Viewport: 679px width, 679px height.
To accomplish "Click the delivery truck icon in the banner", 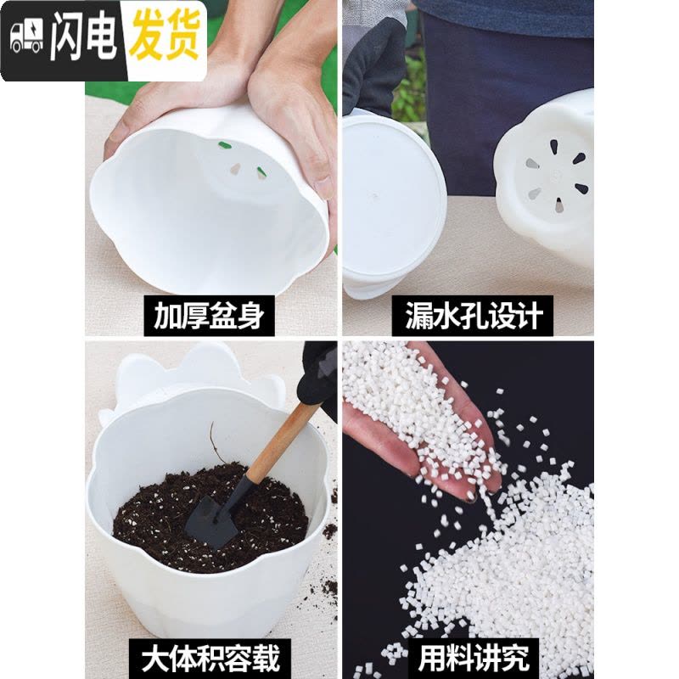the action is (x=27, y=36).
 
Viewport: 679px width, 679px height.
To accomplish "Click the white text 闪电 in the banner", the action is (x=83, y=36).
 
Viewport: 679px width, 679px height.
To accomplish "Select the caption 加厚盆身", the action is (x=209, y=315).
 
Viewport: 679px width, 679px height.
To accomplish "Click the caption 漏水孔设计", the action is (x=474, y=315).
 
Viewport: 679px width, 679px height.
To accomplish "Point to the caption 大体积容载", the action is (x=210, y=657).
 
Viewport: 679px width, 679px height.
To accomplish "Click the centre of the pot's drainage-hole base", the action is (x=555, y=177).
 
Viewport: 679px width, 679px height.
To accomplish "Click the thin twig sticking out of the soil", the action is (x=216, y=442).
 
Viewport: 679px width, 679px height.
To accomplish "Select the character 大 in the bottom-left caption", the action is (x=154, y=657).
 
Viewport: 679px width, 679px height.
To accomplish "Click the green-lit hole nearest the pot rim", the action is (x=224, y=145).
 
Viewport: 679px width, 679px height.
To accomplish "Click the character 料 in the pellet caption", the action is (x=459, y=658).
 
